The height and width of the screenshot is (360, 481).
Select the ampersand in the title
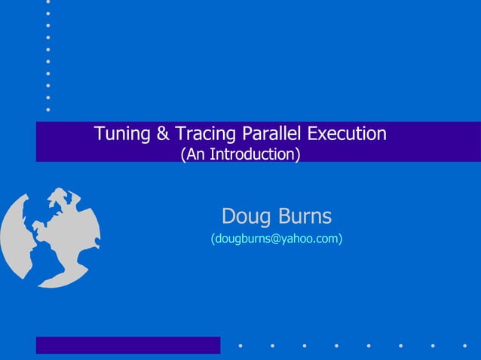163,134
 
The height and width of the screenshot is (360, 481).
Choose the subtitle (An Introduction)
240,154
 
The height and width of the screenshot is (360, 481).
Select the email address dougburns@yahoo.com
277,239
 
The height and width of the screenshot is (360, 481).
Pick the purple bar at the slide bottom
128,345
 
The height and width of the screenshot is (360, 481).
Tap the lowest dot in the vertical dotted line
48,109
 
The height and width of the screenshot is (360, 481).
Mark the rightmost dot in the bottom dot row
464,347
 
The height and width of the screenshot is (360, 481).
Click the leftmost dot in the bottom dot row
240,347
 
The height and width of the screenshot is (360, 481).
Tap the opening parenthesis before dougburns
213,239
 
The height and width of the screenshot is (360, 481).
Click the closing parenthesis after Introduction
298,154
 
